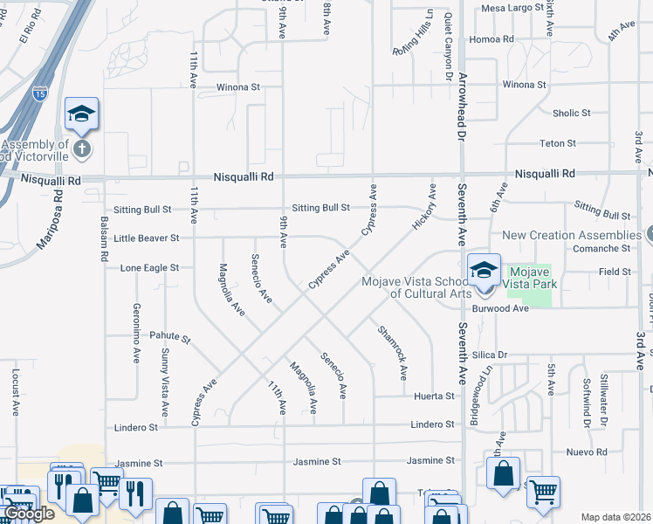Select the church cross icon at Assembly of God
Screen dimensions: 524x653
[81, 148]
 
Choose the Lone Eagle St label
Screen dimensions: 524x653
[149, 268]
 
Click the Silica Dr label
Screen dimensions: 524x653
[490, 355]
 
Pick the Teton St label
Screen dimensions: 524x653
[558, 143]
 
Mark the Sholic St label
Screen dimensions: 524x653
[572, 114]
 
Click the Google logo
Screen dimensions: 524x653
[29, 514]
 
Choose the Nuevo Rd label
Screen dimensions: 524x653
[586, 452]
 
